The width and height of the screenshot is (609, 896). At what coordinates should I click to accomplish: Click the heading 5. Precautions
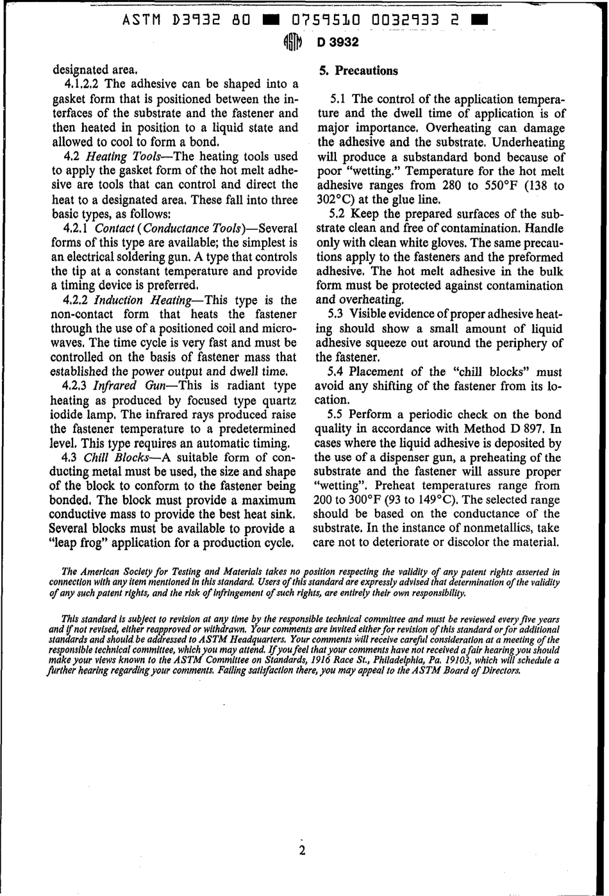pos(358,70)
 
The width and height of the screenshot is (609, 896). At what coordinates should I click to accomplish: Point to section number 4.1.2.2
pos(83,85)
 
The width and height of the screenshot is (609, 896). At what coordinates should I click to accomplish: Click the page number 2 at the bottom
pos(302,851)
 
